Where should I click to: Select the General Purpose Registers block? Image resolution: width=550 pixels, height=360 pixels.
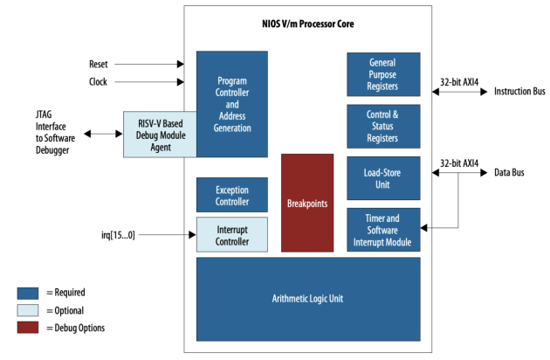pyautogui.click(x=382, y=74)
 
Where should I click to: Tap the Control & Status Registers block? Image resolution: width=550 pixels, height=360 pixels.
pyautogui.click(x=382, y=126)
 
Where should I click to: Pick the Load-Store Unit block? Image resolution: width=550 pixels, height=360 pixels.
pyautogui.click(x=382, y=177)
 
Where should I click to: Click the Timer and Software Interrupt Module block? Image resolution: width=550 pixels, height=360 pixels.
pyautogui.click(x=382, y=230)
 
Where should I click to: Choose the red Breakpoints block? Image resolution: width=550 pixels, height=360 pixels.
pyautogui.click(x=306, y=203)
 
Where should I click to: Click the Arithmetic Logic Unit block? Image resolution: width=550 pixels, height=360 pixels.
pyautogui.click(x=307, y=298)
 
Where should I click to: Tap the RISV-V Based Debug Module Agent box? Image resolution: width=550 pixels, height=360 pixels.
pyautogui.click(x=160, y=134)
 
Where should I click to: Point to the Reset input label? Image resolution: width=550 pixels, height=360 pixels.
pyautogui.click(x=99, y=64)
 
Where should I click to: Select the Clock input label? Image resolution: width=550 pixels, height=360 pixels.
pyautogui.click(x=99, y=82)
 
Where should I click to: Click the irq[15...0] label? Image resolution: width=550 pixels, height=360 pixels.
pyautogui.click(x=119, y=235)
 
